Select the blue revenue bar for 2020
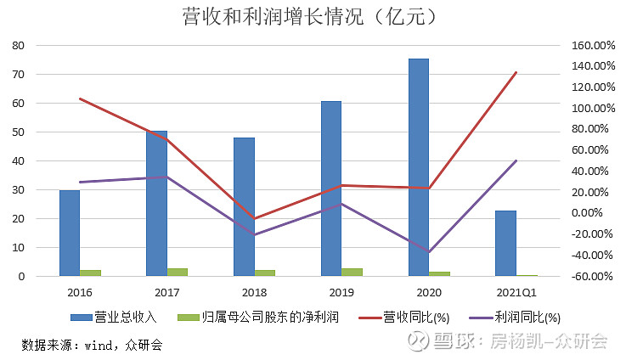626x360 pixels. click(419, 167)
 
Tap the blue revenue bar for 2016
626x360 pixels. click(70, 233)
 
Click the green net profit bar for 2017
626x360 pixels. click(178, 272)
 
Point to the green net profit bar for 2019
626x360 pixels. click(352, 272)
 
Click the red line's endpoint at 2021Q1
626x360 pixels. click(516, 72)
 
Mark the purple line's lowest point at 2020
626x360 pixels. click(430, 252)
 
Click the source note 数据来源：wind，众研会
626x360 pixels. click(92, 346)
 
